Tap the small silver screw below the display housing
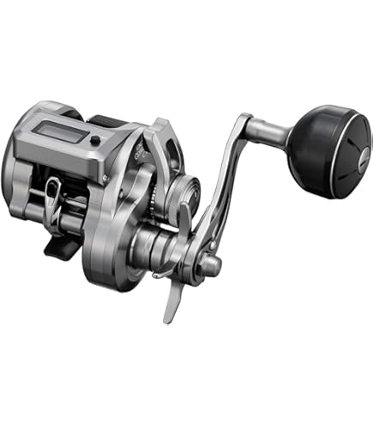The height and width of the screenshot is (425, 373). [104, 178]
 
